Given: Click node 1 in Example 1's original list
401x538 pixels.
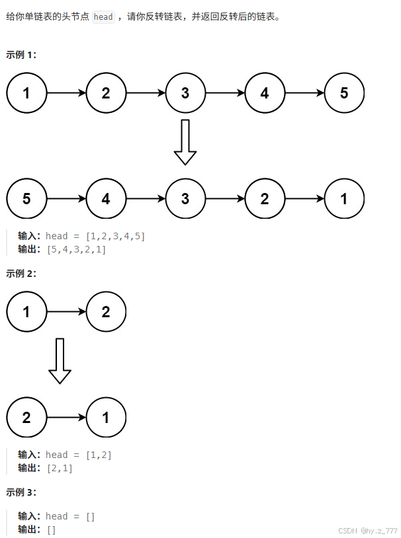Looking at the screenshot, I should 26,93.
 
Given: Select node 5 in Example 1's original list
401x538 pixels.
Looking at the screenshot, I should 344,93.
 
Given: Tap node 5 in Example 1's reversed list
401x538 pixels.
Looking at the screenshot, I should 26,198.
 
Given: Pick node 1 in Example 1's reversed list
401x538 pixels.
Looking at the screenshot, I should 344,198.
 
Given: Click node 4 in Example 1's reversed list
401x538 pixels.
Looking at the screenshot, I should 106,198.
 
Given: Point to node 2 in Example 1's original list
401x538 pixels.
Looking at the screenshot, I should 106,93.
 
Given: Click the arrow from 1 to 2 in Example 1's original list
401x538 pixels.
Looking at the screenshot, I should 66,93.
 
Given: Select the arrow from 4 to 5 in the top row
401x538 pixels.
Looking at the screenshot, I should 304,93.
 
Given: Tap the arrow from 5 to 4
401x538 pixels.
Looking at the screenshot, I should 66,198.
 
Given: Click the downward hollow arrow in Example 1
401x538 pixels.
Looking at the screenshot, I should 185,141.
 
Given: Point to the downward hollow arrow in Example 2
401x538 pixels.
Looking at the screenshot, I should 60,360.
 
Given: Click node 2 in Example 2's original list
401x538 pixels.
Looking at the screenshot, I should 106,311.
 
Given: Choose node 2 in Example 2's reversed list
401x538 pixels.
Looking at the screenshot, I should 26,417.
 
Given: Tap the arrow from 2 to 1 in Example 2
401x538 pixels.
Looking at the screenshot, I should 66,417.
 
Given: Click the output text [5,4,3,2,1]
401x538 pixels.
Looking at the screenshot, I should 76,249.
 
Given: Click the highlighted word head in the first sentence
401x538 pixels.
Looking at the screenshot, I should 103,17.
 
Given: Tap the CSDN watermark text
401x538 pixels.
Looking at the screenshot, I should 367,531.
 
